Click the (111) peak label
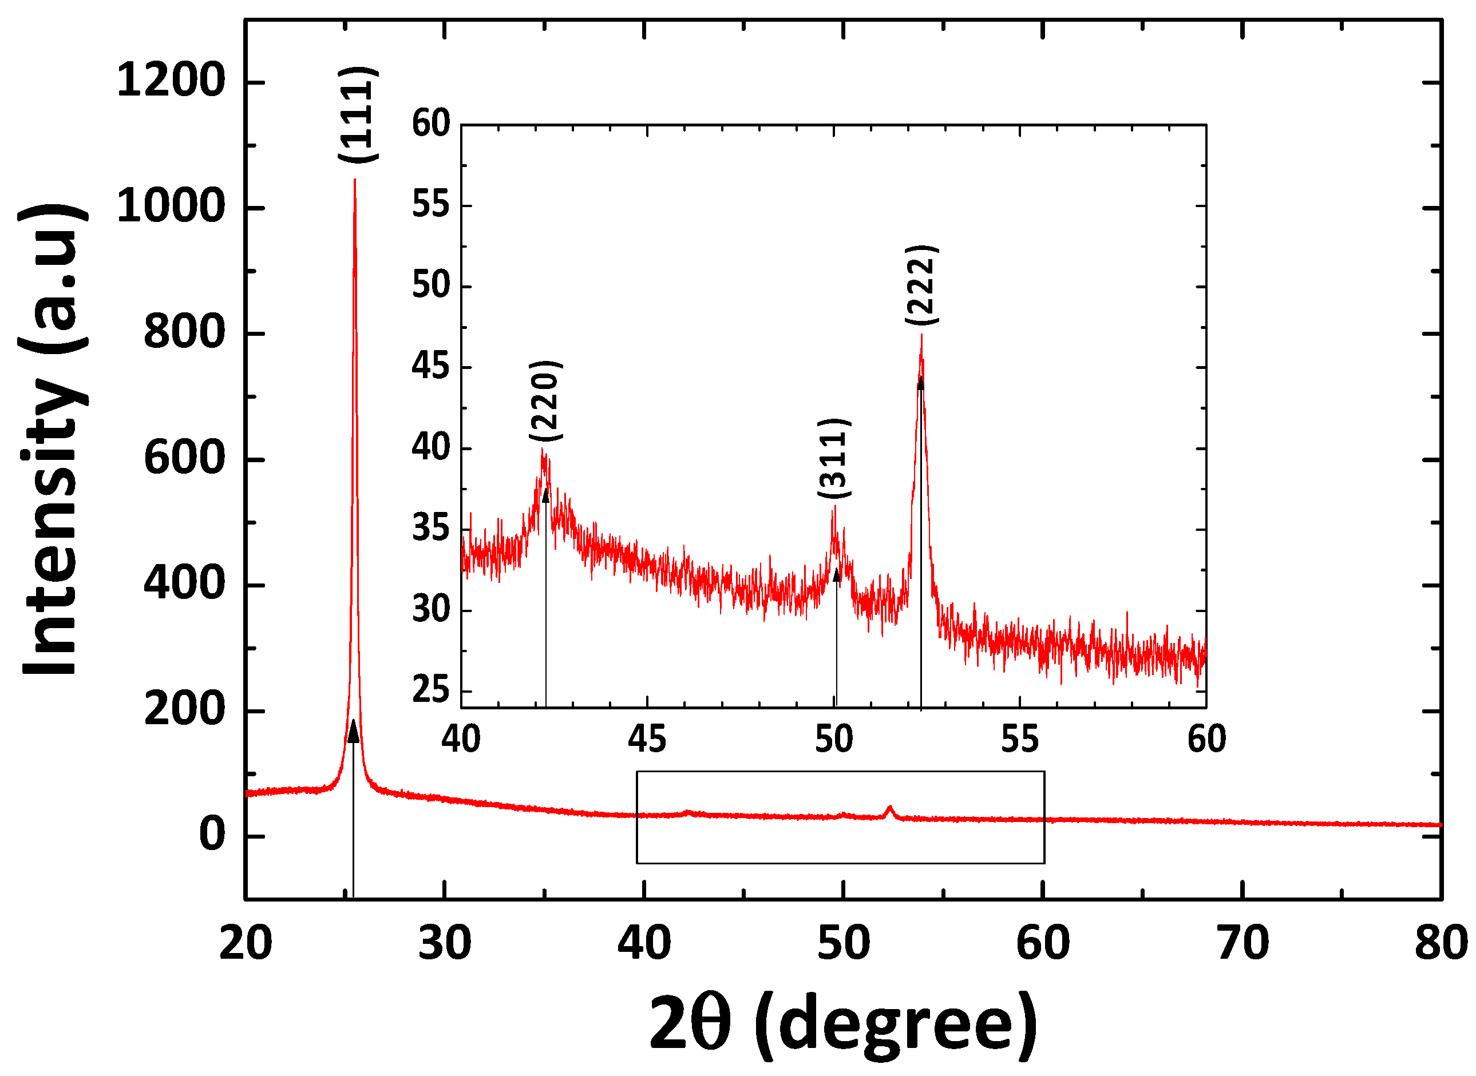(x=358, y=114)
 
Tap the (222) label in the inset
(x=921, y=285)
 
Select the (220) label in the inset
(x=545, y=400)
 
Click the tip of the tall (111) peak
(x=354, y=179)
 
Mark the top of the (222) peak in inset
(x=921, y=335)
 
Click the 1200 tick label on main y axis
(x=171, y=82)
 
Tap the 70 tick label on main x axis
(x=1242, y=943)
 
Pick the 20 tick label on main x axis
(x=246, y=943)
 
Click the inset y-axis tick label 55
(x=431, y=205)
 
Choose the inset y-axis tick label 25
(x=431, y=690)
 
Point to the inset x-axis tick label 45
(x=647, y=739)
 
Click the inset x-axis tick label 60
(x=1206, y=739)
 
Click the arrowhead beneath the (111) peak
(x=353, y=732)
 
